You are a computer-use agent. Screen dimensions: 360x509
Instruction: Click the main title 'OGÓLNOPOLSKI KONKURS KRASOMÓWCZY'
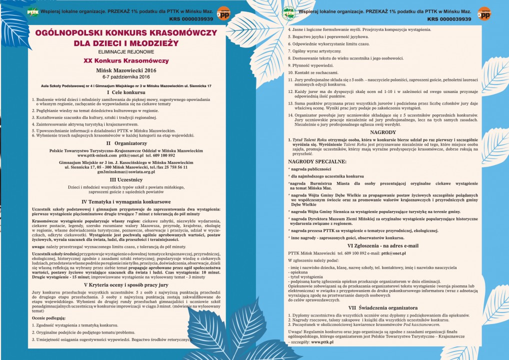[126, 33]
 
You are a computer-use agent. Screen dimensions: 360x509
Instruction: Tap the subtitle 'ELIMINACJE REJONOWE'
[126, 51]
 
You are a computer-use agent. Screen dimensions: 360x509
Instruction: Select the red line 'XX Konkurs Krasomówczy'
[126, 60]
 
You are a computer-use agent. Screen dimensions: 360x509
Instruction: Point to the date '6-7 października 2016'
[126, 77]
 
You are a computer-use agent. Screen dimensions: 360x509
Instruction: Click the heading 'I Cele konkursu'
[126, 92]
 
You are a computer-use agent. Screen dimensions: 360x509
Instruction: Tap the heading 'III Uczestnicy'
[126, 179]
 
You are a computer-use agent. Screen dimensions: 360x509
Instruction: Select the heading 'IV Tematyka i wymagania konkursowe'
[126, 201]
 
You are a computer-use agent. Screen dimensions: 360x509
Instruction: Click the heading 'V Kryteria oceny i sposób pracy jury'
[126, 284]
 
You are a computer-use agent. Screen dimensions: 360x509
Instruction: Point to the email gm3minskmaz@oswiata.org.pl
[126, 171]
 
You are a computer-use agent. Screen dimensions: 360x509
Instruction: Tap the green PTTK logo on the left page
[33, 11]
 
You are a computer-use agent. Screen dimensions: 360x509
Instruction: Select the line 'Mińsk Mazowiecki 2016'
[126, 70]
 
